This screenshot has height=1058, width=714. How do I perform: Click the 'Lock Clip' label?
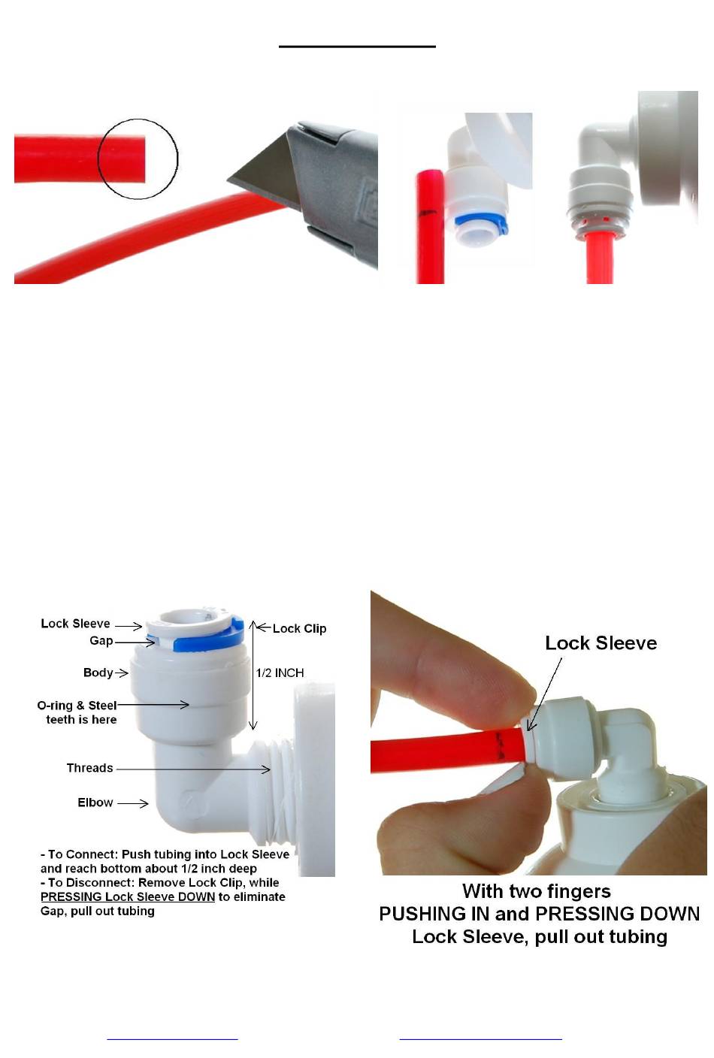pos(300,629)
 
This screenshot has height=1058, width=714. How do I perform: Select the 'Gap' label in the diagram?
pos(101,641)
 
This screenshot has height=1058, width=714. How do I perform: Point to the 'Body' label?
pos(98,673)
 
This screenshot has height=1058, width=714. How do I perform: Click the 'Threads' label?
pos(89,768)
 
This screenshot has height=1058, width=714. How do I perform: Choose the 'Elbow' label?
pos(95,803)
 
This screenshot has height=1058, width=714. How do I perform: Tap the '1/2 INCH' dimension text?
pos(280,673)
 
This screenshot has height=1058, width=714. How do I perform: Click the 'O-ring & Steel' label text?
pos(77,706)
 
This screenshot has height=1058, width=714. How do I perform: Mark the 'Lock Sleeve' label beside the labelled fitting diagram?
pos(75,624)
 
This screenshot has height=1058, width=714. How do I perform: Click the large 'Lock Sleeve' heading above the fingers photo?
pos(601,642)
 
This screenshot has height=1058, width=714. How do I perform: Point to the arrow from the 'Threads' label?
pos(193,769)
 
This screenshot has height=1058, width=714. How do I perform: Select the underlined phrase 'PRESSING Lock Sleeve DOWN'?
pos(128,897)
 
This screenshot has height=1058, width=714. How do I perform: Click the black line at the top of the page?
pos(357,47)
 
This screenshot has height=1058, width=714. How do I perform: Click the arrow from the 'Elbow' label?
pos(133,803)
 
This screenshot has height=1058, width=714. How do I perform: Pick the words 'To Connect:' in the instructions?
pos(83,854)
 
